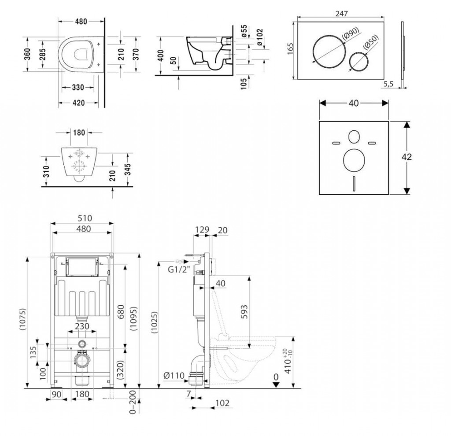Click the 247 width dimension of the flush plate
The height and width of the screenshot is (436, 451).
pyautogui.click(x=341, y=14)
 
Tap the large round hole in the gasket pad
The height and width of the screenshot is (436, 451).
pyautogui.click(x=353, y=161)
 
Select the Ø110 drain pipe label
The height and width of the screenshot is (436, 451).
pyautogui.click(x=173, y=376)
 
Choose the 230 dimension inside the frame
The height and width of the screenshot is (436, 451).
pyautogui.click(x=82, y=326)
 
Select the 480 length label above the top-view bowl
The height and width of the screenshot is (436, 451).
pyautogui.click(x=79, y=22)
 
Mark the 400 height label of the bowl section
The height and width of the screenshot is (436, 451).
pyautogui.click(x=161, y=55)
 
